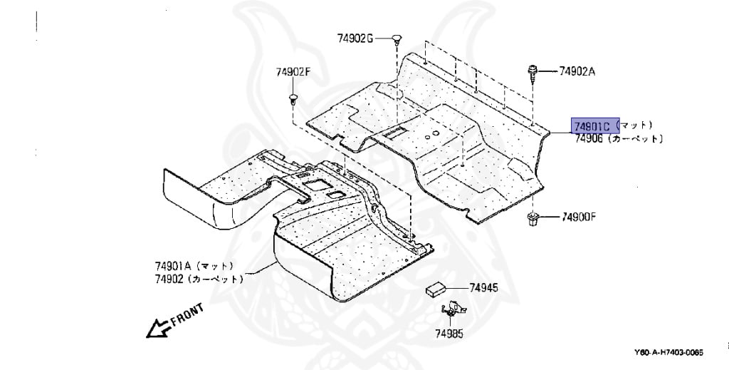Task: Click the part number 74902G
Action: (x=355, y=38)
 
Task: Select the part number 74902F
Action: (x=294, y=71)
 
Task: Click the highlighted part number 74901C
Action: (x=593, y=126)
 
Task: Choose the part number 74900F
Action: (x=579, y=216)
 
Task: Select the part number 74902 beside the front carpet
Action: (x=168, y=279)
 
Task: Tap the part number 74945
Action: (x=483, y=288)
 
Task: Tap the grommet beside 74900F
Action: (x=532, y=217)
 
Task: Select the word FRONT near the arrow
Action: (x=187, y=314)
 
